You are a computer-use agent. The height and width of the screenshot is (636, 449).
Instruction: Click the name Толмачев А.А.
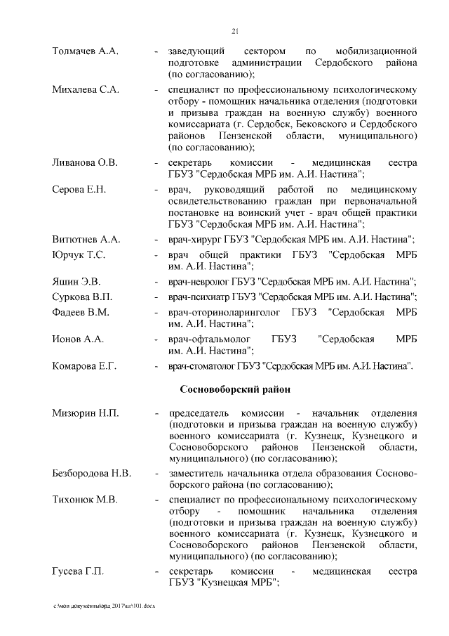tap(86, 52)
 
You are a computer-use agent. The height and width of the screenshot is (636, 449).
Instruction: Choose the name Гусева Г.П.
tap(78, 571)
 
